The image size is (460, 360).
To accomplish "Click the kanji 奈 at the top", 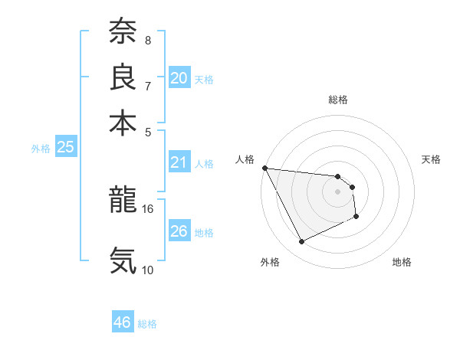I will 123,31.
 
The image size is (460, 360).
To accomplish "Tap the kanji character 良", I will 123,77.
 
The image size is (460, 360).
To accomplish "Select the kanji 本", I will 123,123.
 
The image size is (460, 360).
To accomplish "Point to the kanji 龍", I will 123,200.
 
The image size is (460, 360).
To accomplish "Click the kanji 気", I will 123,260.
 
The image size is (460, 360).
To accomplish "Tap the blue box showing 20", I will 179,77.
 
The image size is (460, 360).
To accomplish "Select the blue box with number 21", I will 179,162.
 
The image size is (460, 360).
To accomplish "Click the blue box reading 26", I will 179,231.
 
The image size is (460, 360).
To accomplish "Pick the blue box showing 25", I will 65,147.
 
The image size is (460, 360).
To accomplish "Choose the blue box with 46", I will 122,322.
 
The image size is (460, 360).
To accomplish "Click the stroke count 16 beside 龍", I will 148,208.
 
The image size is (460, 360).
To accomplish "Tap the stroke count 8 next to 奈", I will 148,40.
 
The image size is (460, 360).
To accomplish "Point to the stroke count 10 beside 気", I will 148,270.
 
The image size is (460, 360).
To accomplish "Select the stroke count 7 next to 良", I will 148,86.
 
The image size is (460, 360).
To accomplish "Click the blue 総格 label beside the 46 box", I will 147,324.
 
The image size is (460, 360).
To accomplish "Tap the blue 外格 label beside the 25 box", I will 40,149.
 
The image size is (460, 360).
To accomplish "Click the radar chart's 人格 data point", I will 264,168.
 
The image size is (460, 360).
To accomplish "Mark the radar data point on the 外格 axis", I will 301,242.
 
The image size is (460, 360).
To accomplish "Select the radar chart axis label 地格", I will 402,263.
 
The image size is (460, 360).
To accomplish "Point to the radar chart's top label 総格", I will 338,100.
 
